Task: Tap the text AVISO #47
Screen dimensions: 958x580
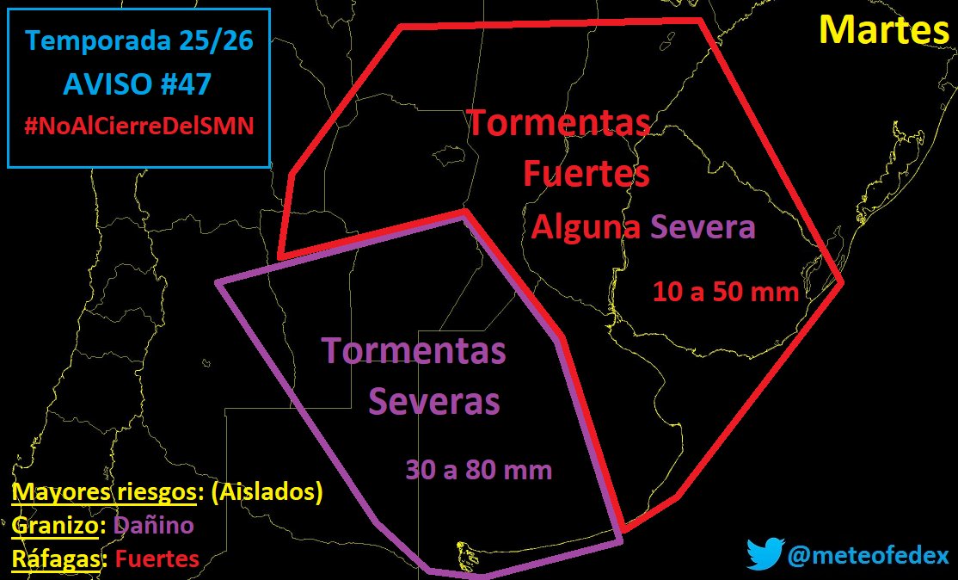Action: pos(138,84)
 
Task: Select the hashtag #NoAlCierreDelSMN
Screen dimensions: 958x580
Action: pos(138,126)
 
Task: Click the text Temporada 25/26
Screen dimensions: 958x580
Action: pos(138,40)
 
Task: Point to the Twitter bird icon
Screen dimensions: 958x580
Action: pos(764,554)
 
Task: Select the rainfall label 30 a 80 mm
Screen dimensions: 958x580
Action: pos(478,470)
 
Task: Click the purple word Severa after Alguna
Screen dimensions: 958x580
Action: pos(703,228)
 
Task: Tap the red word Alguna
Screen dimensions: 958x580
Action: pos(586,228)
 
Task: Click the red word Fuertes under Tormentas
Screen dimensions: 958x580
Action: pos(586,174)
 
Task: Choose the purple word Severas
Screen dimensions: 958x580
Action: pos(433,401)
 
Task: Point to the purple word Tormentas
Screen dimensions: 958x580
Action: pos(414,351)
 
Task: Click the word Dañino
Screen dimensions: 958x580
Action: pos(154,526)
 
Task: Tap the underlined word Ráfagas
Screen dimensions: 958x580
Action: pos(58,558)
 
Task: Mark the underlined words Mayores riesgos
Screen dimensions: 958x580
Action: pos(103,493)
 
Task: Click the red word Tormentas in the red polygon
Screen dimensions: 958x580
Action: pos(558,123)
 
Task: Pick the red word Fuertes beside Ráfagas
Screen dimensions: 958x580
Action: pos(157,558)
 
